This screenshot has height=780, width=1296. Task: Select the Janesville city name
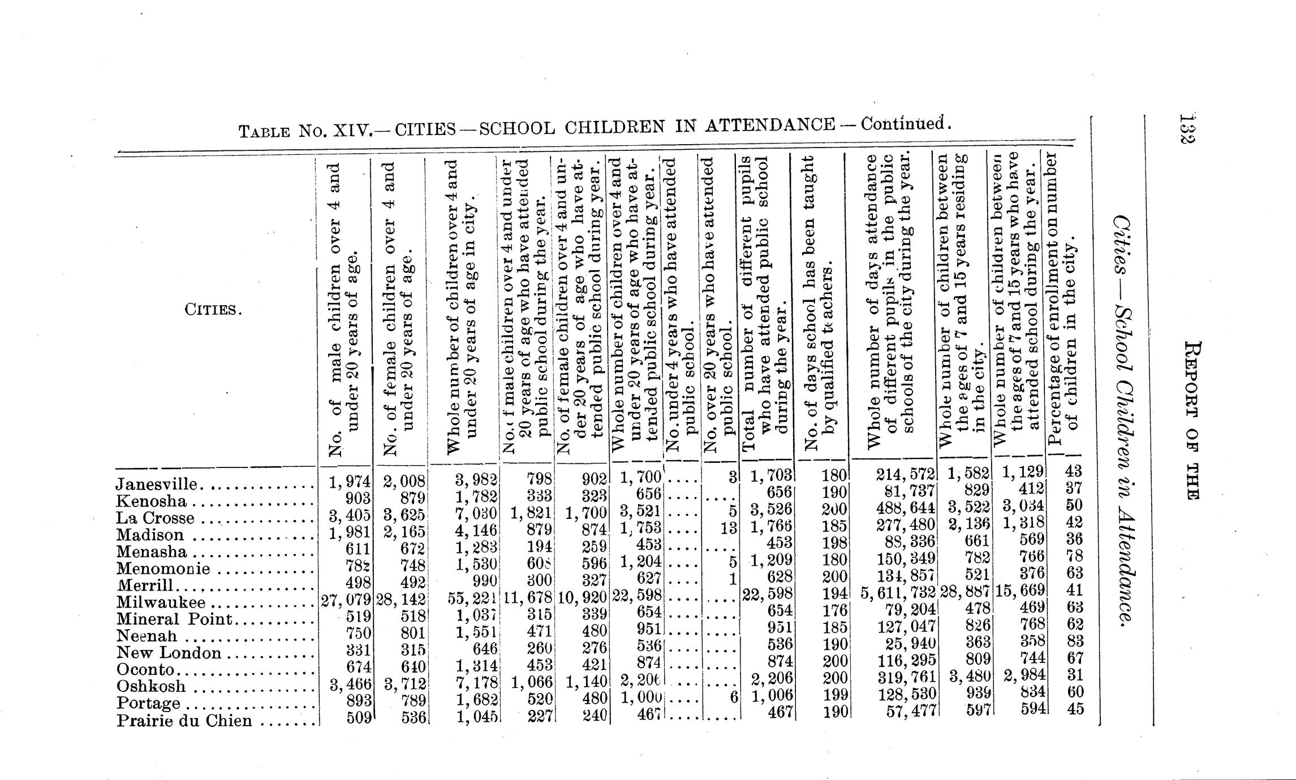pyautogui.click(x=157, y=484)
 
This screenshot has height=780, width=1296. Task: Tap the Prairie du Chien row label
pyautogui.click(x=184, y=721)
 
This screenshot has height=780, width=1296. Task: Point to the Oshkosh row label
pyautogui.click(x=151, y=686)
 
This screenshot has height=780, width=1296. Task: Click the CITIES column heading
pyautogui.click(x=213, y=310)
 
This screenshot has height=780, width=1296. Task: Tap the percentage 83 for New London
pyautogui.click(x=1074, y=641)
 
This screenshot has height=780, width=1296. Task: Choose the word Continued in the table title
pyautogui.click(x=903, y=124)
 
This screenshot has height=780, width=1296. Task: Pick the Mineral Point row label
pyautogui.click(x=175, y=619)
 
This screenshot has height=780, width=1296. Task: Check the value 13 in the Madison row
pyautogui.click(x=729, y=527)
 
